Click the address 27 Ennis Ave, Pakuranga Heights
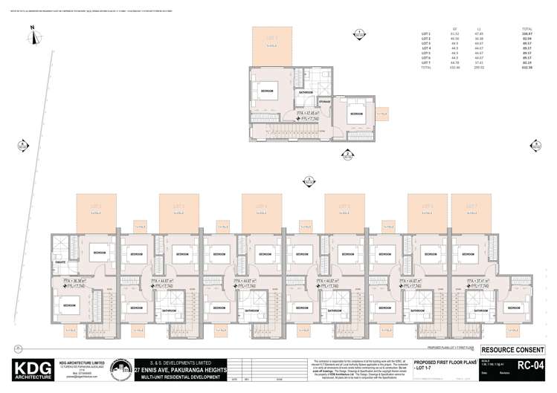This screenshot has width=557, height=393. (x=178, y=369)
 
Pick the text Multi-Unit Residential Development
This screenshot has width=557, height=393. (x=178, y=377)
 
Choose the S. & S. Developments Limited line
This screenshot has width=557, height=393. (x=178, y=362)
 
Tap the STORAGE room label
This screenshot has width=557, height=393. (x=324, y=100)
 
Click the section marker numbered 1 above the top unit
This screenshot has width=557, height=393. (x=358, y=33)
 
